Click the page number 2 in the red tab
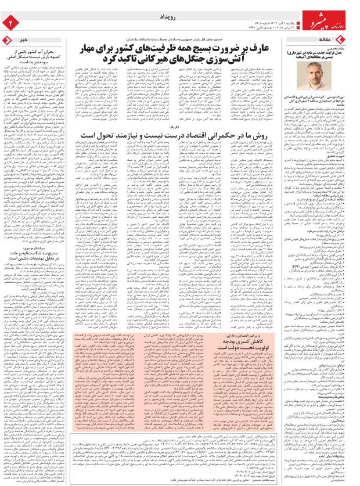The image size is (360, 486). [9, 22]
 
